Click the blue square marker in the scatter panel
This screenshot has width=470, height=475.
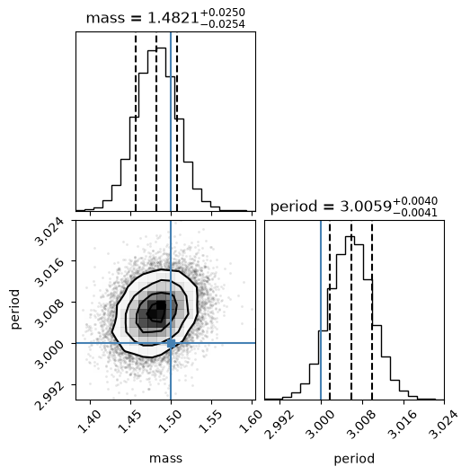pyautogui.click(x=171, y=343)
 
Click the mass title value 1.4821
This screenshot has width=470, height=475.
pyautogui.click(x=173, y=19)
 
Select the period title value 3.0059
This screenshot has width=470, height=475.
pyautogui.click(x=366, y=207)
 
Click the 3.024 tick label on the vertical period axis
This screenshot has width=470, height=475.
pyautogui.click(x=49, y=232)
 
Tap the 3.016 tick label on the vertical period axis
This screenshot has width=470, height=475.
pyautogui.click(x=49, y=273)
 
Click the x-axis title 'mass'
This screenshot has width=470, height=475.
pyautogui.click(x=165, y=458)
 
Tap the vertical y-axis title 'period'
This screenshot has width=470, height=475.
pyautogui.click(x=14, y=309)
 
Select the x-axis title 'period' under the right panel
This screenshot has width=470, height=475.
pyautogui.click(x=354, y=459)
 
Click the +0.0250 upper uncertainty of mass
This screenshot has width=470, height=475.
pyautogui.click(x=223, y=13)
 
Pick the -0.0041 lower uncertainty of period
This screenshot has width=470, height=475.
pyautogui.click(x=415, y=213)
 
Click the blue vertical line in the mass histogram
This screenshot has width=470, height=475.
pyautogui.click(x=171, y=121)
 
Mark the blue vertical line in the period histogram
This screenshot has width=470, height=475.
pyautogui.click(x=321, y=310)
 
